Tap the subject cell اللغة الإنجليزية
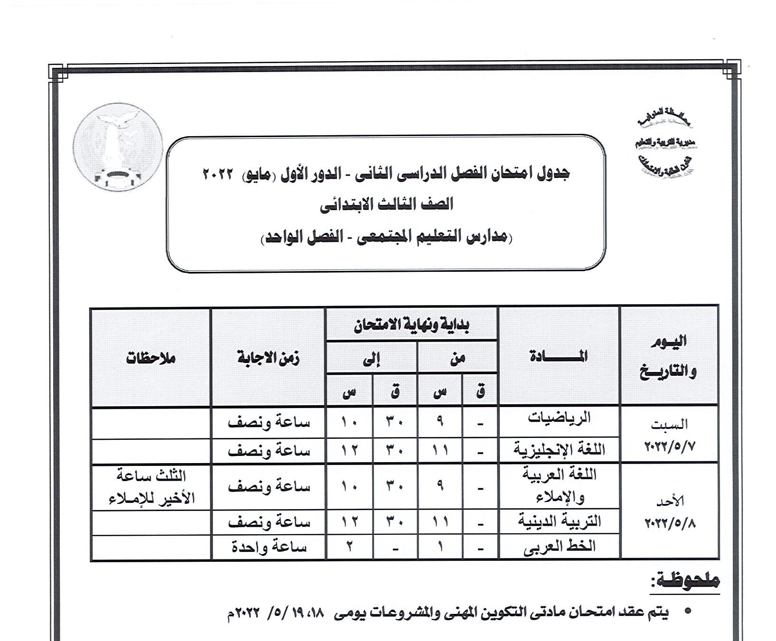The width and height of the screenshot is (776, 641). (x=559, y=449)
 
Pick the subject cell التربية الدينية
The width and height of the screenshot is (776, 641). (x=559, y=522)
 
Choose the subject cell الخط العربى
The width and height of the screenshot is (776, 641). (x=559, y=547)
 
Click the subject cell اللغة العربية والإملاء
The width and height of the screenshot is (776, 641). (x=559, y=485)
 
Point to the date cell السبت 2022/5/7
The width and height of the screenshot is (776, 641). (x=669, y=435)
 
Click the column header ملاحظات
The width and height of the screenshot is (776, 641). (x=151, y=358)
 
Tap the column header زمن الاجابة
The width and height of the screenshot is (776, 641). (x=269, y=358)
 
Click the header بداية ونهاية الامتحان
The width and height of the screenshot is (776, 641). (x=411, y=325)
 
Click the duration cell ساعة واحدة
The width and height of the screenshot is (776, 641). (x=269, y=547)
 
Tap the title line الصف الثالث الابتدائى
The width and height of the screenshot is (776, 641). (x=386, y=204)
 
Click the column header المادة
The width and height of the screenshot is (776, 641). (x=559, y=356)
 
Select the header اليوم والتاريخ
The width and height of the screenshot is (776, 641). (x=669, y=356)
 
